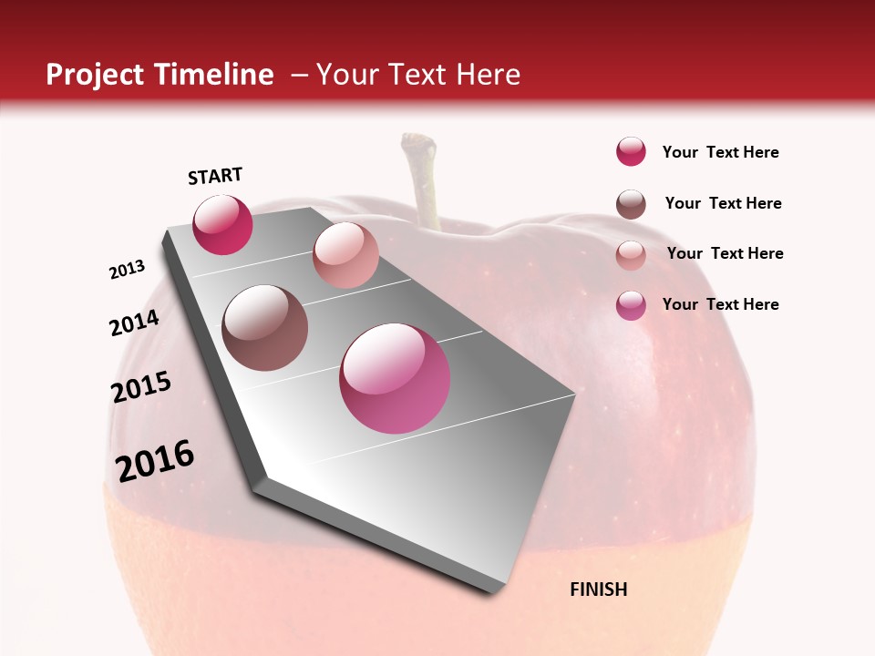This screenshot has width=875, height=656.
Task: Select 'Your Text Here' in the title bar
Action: click(x=418, y=75)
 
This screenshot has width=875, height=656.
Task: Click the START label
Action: click(x=215, y=176)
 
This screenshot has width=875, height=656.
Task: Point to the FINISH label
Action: click(x=598, y=589)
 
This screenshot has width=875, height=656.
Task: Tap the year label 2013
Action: click(x=127, y=270)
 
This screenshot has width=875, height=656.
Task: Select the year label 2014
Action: click(x=134, y=323)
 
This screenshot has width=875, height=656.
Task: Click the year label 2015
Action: click(x=140, y=387)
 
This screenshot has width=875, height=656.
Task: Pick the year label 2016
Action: click(x=155, y=461)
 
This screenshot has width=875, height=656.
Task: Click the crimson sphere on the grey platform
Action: click(x=222, y=225)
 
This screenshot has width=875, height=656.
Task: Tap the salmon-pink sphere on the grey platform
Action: click(x=345, y=255)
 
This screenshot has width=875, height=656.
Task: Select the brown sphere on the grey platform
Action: click(x=265, y=328)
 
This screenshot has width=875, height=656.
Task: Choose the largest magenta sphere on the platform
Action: click(x=395, y=378)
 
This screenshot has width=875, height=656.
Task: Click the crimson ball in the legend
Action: click(x=631, y=152)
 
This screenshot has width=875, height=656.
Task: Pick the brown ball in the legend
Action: click(x=631, y=204)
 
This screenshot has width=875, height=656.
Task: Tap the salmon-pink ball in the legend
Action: click(x=631, y=255)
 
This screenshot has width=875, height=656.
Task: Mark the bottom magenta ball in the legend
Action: click(x=631, y=305)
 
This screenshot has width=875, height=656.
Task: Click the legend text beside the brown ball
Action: click(x=723, y=203)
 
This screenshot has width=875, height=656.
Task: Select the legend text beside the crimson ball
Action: click(x=720, y=152)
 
